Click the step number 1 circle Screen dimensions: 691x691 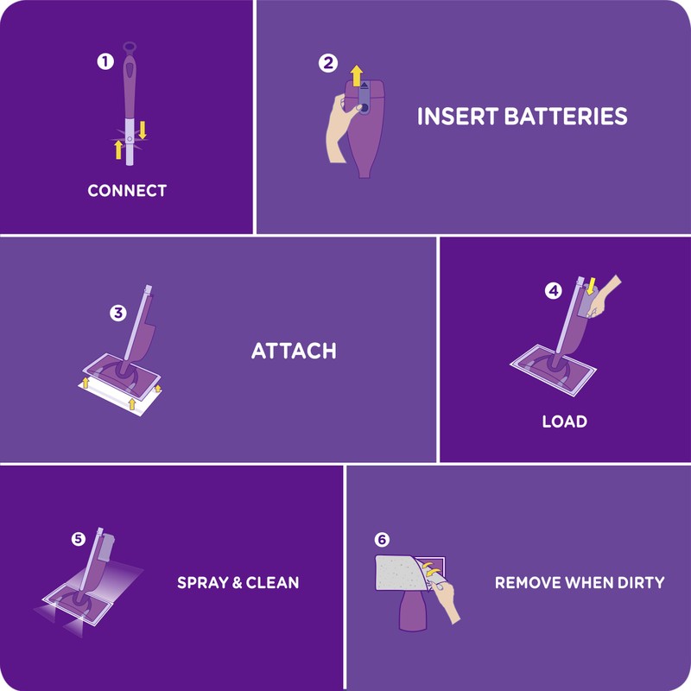coord(105,62)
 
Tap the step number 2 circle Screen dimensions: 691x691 coord(327,63)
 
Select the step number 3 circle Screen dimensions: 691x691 coord(118,313)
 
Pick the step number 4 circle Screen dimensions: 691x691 coord(553,291)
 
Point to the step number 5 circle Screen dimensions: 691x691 coord(79,539)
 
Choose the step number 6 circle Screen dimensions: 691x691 coord(382,540)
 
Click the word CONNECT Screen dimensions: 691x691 coord(127,190)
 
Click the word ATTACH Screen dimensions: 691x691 coord(294,352)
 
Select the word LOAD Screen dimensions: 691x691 coord(564,422)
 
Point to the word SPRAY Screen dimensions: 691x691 coord(203,582)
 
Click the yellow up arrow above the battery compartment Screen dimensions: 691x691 coord(356,74)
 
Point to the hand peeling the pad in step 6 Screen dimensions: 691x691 coord(447,598)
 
